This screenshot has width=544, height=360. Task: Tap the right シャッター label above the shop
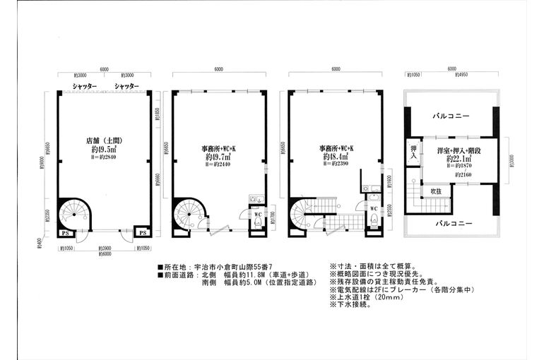(x=126, y=86)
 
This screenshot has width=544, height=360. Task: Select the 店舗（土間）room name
(x=103, y=140)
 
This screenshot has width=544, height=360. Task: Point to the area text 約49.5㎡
(x=103, y=150)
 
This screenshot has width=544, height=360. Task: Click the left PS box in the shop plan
(x=65, y=232)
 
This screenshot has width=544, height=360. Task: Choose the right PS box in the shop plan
(x=142, y=232)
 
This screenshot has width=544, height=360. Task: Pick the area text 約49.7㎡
(x=218, y=157)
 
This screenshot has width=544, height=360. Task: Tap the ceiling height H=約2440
(x=218, y=164)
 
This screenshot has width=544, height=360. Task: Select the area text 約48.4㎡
(x=336, y=157)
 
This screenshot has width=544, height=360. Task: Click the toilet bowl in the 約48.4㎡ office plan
(x=372, y=222)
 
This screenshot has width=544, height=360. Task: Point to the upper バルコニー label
(x=449, y=117)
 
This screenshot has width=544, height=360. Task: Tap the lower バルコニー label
(x=449, y=222)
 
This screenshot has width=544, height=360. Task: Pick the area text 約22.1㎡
(x=460, y=160)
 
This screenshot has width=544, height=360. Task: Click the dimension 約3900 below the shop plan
(x=104, y=248)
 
